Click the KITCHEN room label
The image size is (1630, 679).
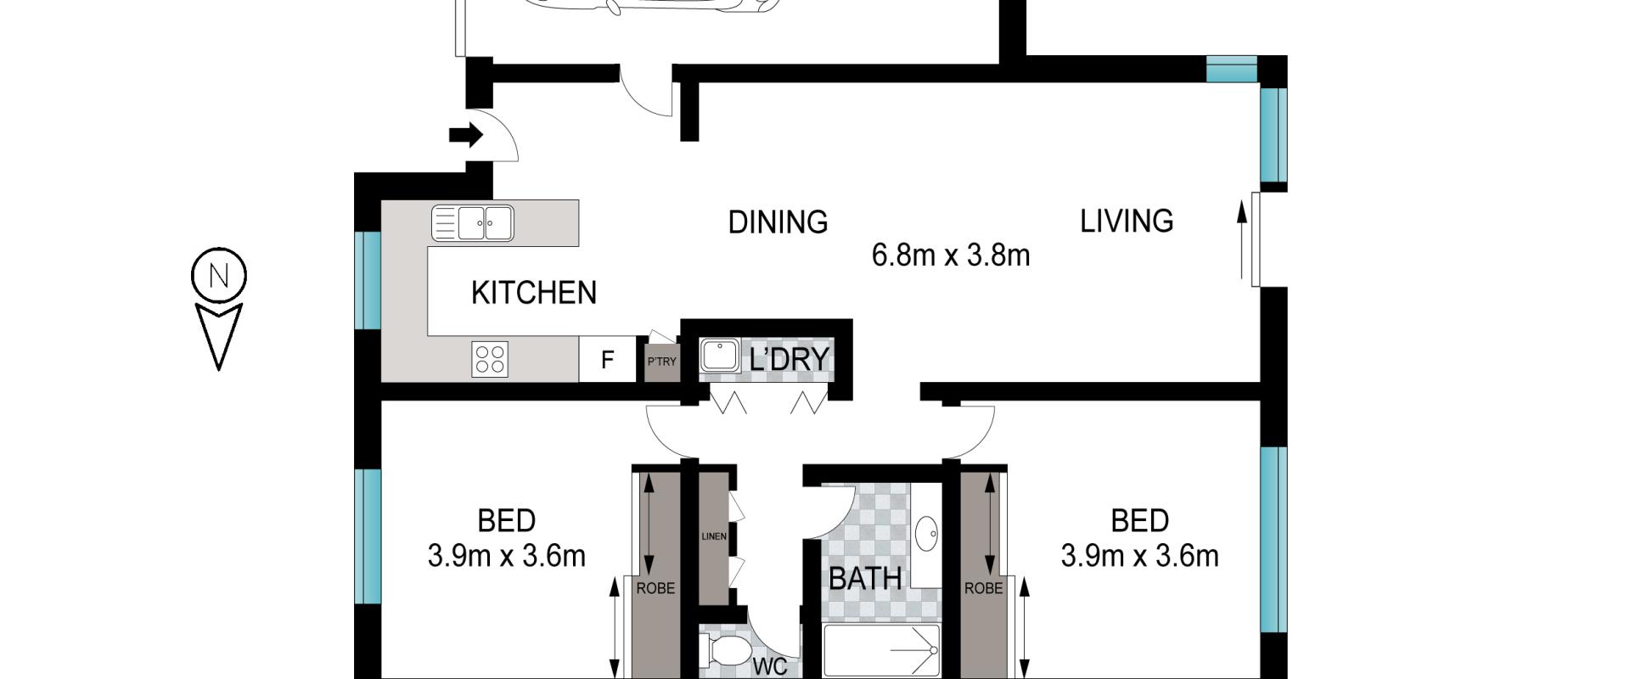click(534, 293)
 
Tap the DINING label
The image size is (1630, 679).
click(778, 222)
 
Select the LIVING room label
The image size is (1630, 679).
click(1127, 221)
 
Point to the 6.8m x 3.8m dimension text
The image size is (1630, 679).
click(951, 255)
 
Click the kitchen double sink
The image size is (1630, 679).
click(473, 223)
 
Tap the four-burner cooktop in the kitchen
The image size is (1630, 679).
click(490, 359)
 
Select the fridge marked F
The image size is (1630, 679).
click(607, 360)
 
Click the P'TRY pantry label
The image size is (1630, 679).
click(662, 362)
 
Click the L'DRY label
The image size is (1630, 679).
click(789, 359)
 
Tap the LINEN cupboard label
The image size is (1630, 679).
click(714, 536)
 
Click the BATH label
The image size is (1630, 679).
click(865, 579)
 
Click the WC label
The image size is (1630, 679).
click(770, 667)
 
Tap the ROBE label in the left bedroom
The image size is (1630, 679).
click(655, 588)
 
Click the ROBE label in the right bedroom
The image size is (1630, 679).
click(983, 588)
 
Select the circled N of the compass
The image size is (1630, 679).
click(219, 276)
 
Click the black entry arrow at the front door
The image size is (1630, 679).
click(466, 134)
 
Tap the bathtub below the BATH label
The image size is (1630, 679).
click(882, 651)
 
